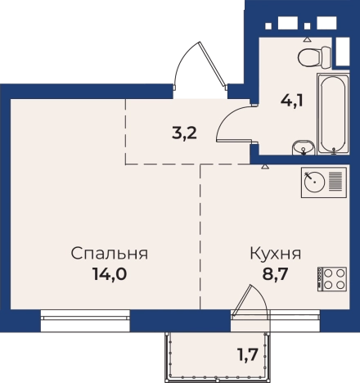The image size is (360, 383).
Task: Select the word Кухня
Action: click(x=275, y=253)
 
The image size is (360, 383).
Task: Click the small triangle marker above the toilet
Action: click(x=308, y=38)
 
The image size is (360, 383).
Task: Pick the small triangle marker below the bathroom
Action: click(x=264, y=165)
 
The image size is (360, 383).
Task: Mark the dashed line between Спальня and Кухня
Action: click(x=200, y=237)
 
